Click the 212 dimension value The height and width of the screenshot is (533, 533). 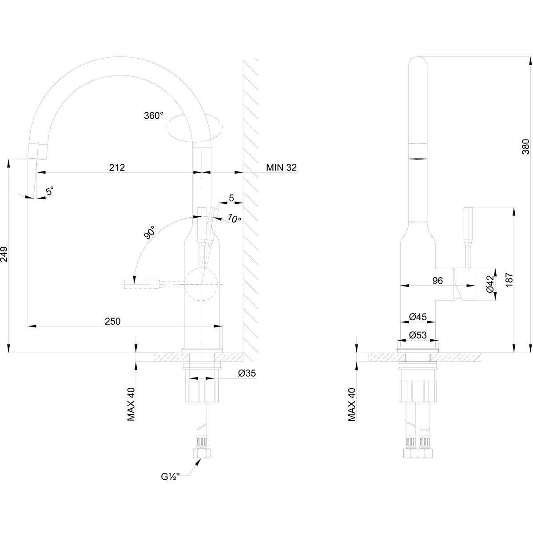(x=117, y=167)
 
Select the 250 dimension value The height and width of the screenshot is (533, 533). (x=112, y=321)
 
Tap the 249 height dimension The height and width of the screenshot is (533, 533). (x=5, y=254)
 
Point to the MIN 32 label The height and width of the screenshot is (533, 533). (x=281, y=167)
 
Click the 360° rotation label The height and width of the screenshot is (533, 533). (x=154, y=115)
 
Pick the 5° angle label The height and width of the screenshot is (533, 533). (x=49, y=191)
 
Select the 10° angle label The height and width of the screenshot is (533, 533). (x=234, y=218)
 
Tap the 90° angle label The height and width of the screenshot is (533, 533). (x=150, y=233)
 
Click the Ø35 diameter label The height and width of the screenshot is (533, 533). (x=247, y=374)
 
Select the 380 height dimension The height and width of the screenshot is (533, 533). (x=526, y=147)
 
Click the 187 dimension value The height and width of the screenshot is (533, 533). (x=509, y=278)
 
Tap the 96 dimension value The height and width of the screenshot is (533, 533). (x=438, y=280)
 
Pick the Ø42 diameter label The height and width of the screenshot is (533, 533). (x=490, y=284)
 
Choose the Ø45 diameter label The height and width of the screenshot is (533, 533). (x=418, y=317)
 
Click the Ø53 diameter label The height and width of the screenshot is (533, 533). (x=418, y=335)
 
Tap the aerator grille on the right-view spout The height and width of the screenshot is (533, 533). (x=418, y=158)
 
